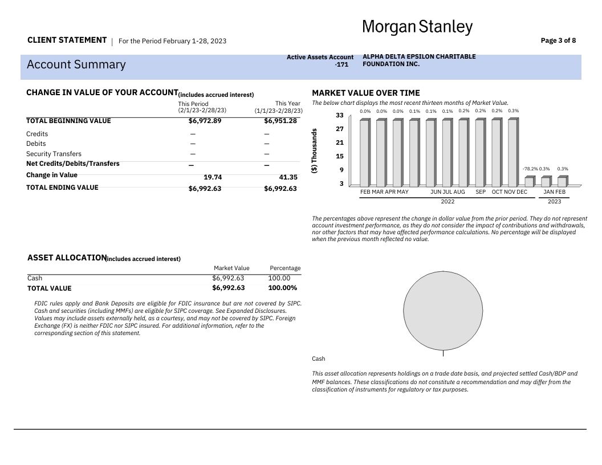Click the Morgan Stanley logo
pyautogui.click(x=417, y=27)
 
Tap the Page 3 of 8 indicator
pyautogui.click(x=558, y=40)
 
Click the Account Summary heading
pyautogui.click(x=76, y=64)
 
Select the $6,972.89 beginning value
pyautogui.click(x=205, y=121)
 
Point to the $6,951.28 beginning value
pyautogui.click(x=280, y=121)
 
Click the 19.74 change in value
pyautogui.click(x=213, y=177)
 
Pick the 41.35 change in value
pyautogui.click(x=288, y=177)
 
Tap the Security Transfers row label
pyautogui.click(x=54, y=154)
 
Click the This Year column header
pyautogui.click(x=287, y=104)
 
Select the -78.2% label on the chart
pyautogui.click(x=530, y=169)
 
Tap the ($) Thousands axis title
pyautogui.click(x=315, y=151)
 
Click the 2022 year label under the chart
pyautogui.click(x=448, y=201)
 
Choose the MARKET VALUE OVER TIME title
pyautogui.click(x=365, y=93)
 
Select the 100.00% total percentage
pyautogui.click(x=282, y=288)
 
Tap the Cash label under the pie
pyautogui.click(x=319, y=358)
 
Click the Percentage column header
pyautogui.click(x=284, y=268)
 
